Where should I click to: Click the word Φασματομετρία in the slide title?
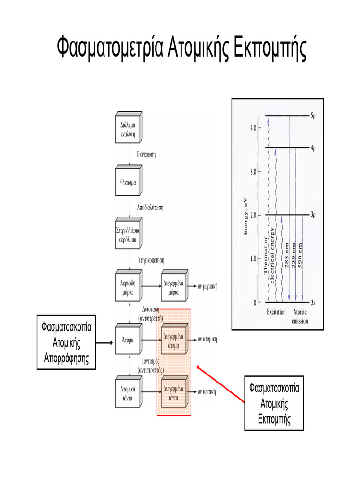pyautogui.click(x=110, y=49)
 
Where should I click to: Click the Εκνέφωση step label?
pyautogui.click(x=147, y=154)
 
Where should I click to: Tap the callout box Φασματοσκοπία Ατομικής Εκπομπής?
pyautogui.click(x=274, y=403)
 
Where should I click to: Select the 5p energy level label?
pyautogui.click(x=313, y=115)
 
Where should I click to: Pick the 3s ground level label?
pyautogui.click(x=313, y=302)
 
